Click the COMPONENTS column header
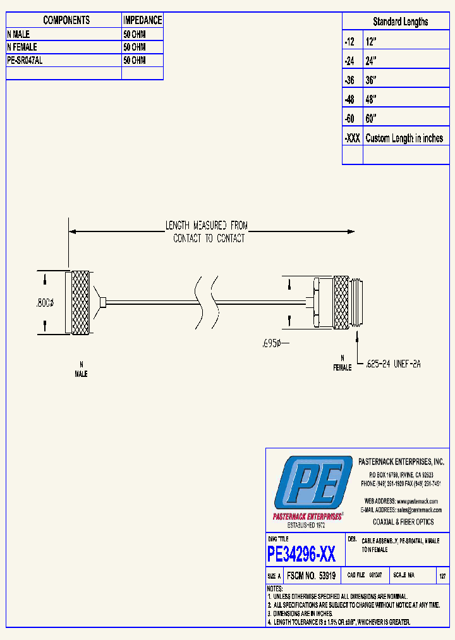(x=66, y=20)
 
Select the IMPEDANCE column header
(x=142, y=20)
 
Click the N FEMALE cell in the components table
(x=23, y=47)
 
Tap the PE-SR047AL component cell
(x=25, y=60)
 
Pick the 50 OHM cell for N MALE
(x=135, y=34)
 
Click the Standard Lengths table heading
(x=400, y=22)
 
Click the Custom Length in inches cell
(x=404, y=138)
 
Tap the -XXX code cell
(x=352, y=138)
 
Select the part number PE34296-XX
(x=301, y=555)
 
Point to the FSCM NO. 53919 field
(x=311, y=576)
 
